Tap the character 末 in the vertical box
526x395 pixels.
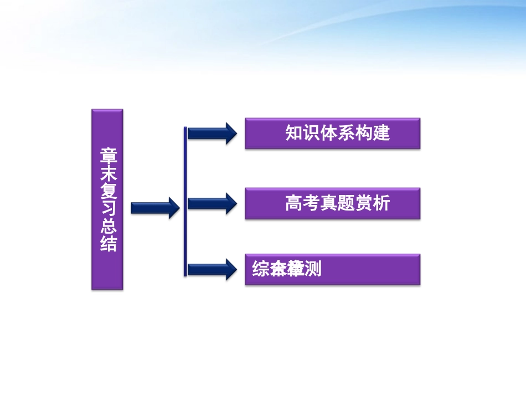click(108, 174)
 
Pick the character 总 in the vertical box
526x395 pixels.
click(108, 227)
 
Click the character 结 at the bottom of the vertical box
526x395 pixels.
click(108, 244)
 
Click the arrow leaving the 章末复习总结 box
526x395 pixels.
click(155, 208)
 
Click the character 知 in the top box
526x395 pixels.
click(293, 133)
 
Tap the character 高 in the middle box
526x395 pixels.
click(293, 203)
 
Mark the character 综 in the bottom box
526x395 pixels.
click(261, 269)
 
